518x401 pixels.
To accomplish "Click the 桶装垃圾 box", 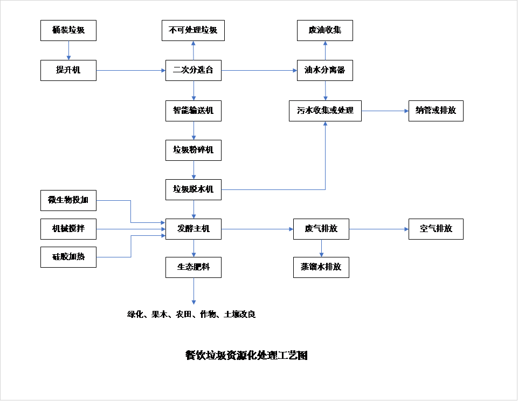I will (68, 30).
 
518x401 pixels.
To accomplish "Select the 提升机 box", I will (68, 70).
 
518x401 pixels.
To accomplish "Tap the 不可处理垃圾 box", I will (193, 30).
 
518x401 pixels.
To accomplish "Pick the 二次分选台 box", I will (193, 70).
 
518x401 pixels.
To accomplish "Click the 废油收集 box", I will (325, 30).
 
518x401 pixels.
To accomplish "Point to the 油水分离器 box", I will (325, 70).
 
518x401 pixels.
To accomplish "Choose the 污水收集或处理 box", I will (325, 111).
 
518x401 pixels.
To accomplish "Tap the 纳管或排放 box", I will (436, 111).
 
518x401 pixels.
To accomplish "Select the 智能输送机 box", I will (193, 111).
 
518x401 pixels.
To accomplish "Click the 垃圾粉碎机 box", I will (193, 150).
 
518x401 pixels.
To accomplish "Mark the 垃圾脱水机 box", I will (193, 189).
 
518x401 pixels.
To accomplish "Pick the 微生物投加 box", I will (68, 200).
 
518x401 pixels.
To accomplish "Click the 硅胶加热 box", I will (68, 257).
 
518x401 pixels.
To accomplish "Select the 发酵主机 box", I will (193, 229).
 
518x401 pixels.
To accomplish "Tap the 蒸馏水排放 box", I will (321, 267).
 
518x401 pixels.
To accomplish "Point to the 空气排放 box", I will (436, 229).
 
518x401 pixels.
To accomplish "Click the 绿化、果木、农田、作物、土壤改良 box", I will (193, 314).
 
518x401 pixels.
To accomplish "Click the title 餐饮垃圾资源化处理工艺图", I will (246, 356).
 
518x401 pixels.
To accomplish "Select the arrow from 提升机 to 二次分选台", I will (131, 70).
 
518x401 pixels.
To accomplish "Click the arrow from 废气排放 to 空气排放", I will (378, 229).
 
